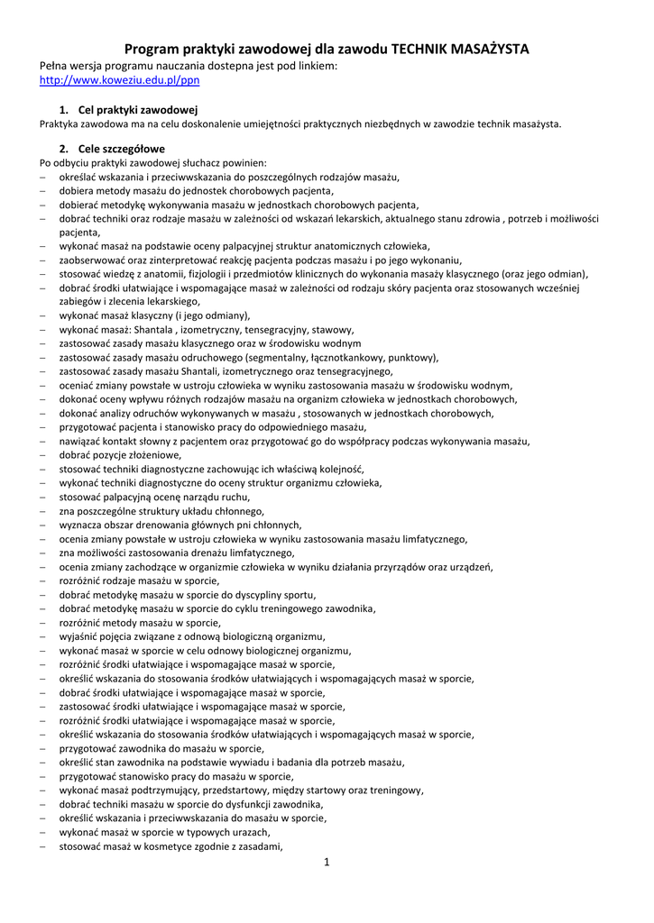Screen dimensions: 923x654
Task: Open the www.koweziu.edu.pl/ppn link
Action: (119, 80)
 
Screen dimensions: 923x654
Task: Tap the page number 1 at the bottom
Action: (327, 863)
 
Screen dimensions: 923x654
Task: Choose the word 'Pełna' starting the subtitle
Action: (54, 66)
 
